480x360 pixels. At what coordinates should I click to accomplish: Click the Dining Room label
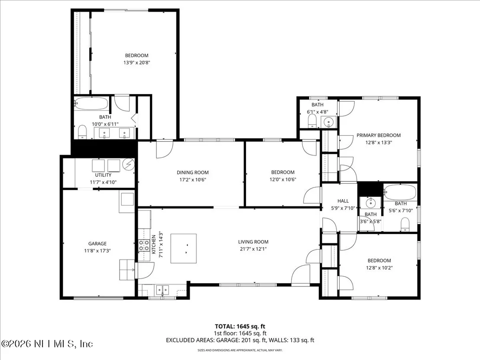192,173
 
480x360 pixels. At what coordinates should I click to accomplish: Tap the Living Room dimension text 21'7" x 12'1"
253,249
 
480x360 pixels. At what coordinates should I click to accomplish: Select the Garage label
97,243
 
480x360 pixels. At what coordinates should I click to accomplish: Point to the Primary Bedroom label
378,135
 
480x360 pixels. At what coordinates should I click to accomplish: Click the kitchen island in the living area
183,248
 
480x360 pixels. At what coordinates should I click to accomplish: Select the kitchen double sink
162,289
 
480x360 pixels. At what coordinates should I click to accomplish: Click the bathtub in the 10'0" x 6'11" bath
91,104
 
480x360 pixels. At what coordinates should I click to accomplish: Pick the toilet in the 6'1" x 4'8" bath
312,121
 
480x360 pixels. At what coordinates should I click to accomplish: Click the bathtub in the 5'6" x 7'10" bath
400,192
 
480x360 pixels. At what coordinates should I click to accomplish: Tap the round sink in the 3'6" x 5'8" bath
370,203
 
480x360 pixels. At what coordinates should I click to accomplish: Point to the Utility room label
103,175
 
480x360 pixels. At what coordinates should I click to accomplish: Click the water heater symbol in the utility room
129,164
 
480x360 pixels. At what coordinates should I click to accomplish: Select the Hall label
343,201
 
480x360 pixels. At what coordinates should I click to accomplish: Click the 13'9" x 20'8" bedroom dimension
137,63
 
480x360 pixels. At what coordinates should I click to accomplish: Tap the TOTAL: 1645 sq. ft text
240,327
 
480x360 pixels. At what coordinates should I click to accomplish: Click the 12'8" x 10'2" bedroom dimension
379,268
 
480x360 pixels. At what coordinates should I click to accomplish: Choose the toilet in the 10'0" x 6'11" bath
82,132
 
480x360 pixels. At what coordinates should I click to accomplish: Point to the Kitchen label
154,244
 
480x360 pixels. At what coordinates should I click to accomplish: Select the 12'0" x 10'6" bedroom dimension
282,180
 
